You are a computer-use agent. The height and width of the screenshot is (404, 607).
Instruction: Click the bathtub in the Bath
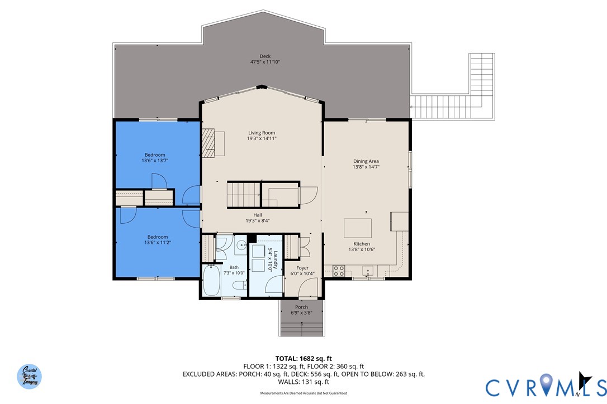211,282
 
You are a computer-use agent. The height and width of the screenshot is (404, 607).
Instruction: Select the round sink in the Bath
241,244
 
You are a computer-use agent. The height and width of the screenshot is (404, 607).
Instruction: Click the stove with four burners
339,271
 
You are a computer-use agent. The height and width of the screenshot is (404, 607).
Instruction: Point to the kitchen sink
367,271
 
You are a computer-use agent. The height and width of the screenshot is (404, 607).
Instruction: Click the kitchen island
358,228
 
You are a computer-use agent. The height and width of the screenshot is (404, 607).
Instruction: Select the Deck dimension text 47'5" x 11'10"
265,62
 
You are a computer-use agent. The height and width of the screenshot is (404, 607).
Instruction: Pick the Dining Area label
366,161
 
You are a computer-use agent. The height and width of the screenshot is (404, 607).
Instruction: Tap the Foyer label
302,268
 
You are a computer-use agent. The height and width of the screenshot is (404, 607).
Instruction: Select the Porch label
302,307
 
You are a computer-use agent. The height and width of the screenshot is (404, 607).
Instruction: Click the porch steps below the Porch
302,328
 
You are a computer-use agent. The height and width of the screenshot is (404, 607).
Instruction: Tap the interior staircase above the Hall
243,194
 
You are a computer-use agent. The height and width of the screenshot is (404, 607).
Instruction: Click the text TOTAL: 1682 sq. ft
303,358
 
